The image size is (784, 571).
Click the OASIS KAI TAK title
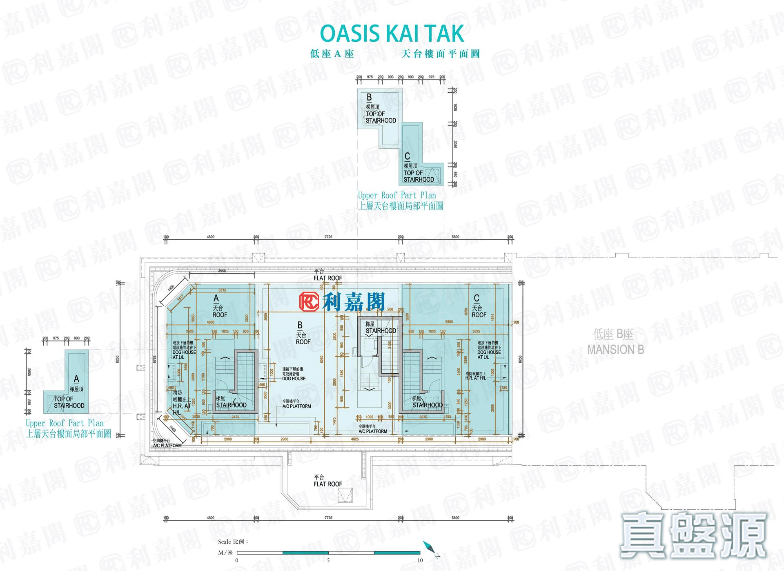(x=392, y=33)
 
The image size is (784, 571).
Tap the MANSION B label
(x=615, y=350)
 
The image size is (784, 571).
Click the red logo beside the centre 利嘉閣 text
(x=310, y=302)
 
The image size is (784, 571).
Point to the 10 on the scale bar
(x=420, y=560)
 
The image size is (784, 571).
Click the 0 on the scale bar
(x=237, y=560)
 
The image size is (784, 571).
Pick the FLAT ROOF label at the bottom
(x=327, y=484)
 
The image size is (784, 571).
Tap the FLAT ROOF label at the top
(x=327, y=278)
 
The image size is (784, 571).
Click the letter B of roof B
(x=300, y=326)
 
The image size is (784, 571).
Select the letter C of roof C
(x=476, y=299)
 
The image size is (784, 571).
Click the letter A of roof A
(x=216, y=299)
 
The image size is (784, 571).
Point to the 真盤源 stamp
(x=693, y=535)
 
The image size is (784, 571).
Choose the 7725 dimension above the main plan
(x=328, y=237)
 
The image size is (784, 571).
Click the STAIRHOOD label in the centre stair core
(x=381, y=331)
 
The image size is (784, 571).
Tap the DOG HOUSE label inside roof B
(x=294, y=379)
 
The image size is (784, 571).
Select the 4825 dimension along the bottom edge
(x=355, y=439)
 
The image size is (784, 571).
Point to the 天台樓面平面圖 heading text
(x=440, y=54)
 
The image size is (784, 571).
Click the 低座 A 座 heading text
(x=332, y=54)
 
